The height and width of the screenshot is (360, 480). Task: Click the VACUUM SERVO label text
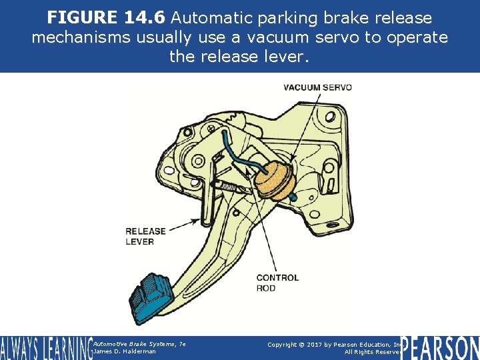(317, 87)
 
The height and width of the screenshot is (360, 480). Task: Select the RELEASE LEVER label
(145, 236)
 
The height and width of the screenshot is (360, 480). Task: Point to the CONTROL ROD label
(277, 283)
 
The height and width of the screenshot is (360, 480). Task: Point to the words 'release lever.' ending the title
(239, 57)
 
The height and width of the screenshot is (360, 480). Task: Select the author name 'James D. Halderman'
(126, 351)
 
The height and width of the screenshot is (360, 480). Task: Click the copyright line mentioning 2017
(333, 344)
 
